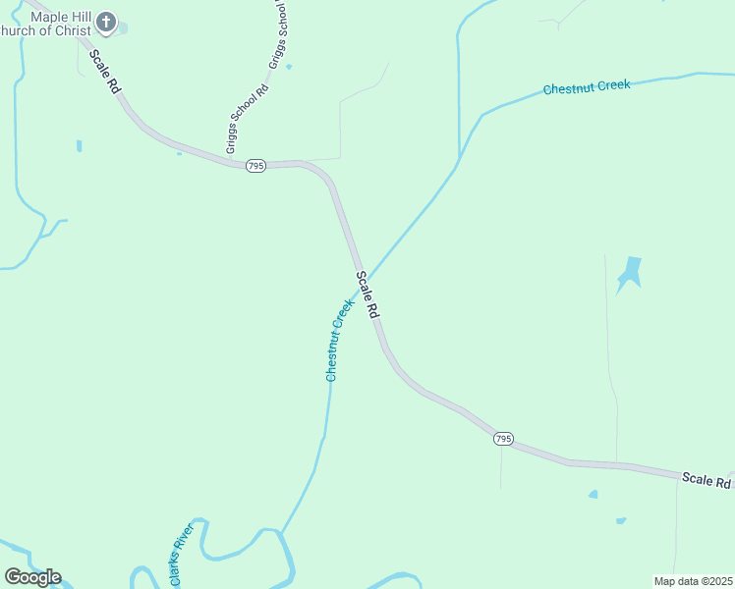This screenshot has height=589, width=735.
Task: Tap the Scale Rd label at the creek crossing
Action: click(367, 294)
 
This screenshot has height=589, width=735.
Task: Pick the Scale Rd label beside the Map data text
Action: click(706, 480)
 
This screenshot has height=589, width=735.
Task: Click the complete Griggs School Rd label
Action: click(247, 119)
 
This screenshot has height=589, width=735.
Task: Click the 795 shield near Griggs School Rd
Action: click(255, 167)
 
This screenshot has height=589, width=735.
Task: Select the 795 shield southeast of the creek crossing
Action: click(503, 439)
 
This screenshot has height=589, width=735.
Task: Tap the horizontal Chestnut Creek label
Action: click(586, 87)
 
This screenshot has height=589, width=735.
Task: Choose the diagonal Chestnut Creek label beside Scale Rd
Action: click(338, 340)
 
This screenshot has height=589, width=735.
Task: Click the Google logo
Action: click(32, 577)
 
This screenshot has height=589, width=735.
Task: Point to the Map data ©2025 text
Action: click(693, 581)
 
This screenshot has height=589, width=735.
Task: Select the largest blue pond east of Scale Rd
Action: click(629, 272)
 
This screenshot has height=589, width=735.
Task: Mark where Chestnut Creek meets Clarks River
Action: click(281, 533)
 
